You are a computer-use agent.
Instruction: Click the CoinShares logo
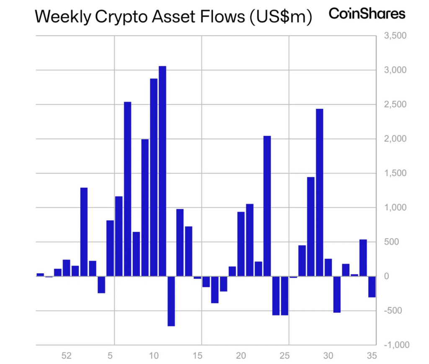tap(367, 14)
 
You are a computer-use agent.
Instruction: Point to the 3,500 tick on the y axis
tap(395, 36)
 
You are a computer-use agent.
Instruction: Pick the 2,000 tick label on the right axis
tap(395, 139)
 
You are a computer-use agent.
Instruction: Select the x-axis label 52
tap(67, 356)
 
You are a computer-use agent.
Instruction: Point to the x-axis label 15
tap(197, 356)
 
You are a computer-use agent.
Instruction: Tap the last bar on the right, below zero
tap(372, 287)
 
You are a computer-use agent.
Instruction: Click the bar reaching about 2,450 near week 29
tap(320, 193)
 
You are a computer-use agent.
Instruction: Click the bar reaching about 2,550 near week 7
tap(127, 189)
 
